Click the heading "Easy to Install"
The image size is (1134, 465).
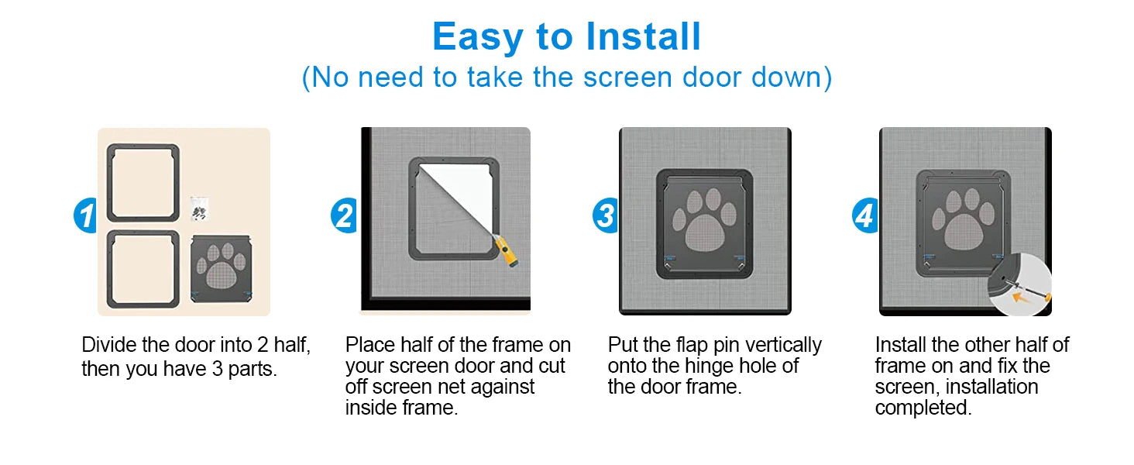coord(566,37)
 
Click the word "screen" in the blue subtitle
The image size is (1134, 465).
coord(627,77)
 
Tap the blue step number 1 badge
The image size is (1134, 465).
coord(85,215)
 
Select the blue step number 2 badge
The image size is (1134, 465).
coord(344,215)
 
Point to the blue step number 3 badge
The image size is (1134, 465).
coord(606,215)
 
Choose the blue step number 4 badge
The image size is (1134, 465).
coord(864,215)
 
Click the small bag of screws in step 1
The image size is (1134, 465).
coord(199,208)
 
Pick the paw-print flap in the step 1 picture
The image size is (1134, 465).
coord(222,269)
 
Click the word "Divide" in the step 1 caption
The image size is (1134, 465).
coord(109,345)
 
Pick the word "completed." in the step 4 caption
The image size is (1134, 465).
coord(923,408)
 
